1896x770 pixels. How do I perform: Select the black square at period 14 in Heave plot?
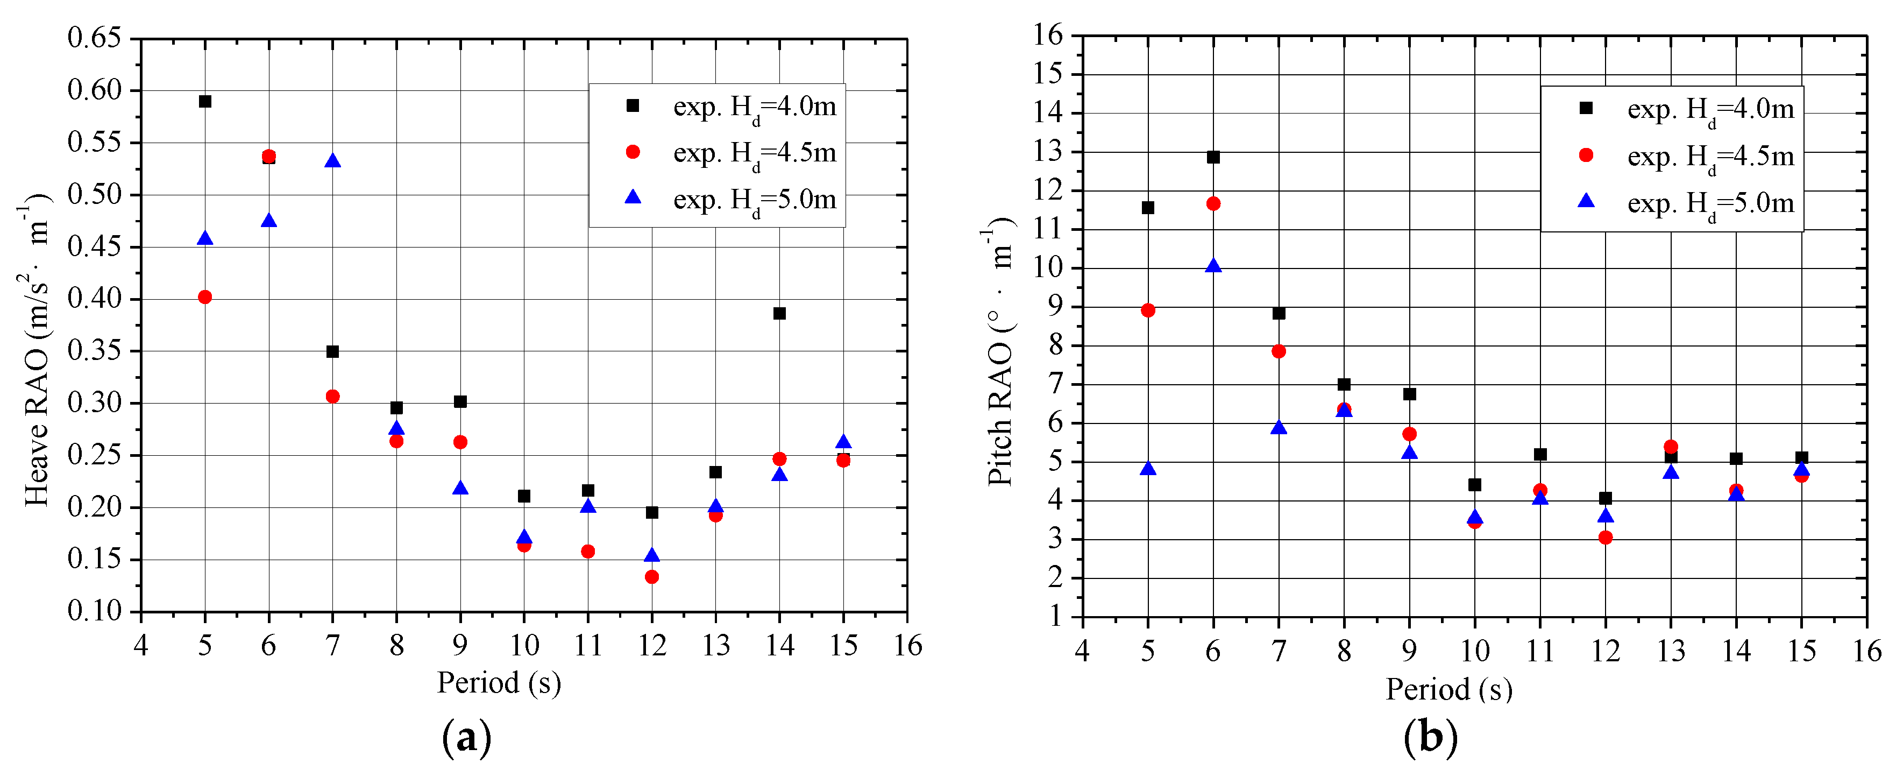[x=779, y=314]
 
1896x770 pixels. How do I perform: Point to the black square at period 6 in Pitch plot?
[x=1213, y=158]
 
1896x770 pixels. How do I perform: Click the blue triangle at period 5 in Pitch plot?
[x=1147, y=469]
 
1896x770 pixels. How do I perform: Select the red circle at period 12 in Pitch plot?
[x=1605, y=538]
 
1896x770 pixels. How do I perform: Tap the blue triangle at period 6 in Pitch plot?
[x=1213, y=266]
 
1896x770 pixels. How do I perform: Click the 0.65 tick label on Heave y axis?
[x=94, y=38]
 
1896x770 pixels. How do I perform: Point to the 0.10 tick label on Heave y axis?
[x=94, y=611]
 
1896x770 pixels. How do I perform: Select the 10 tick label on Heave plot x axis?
[x=524, y=646]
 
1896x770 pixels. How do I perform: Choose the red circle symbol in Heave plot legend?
[x=632, y=152]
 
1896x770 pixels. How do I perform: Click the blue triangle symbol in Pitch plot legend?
[x=1586, y=201]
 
